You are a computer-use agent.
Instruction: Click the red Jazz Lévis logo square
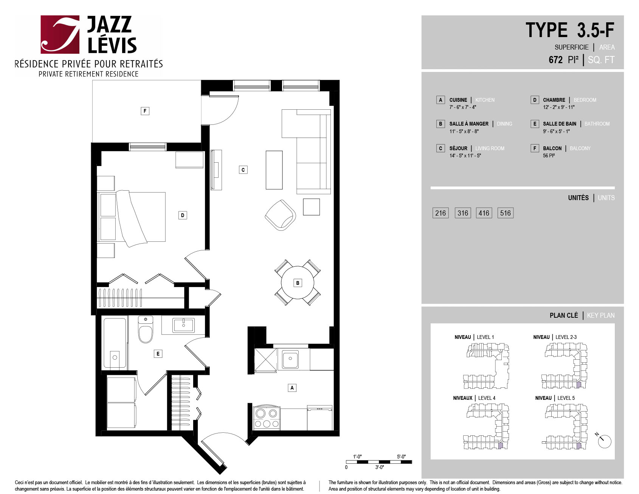pos(60,34)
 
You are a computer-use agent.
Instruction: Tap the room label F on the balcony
pos(145,111)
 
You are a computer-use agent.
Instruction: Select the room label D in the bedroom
pos(183,215)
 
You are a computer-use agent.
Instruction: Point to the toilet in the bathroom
pos(146,329)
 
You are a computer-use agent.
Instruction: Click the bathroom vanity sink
pos(183,325)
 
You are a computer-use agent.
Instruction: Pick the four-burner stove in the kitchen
pos(266,418)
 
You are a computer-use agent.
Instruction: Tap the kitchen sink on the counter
pos(290,359)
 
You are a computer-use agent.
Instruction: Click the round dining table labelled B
pos(298,283)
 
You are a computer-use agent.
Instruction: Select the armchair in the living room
pos(280,215)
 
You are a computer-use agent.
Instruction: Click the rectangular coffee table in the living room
pos(274,170)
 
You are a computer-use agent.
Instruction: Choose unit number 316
pos(463,213)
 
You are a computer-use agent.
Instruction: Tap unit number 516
pos(506,213)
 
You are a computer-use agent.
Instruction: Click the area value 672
pos(556,60)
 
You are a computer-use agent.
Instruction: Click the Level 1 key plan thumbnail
pos(486,366)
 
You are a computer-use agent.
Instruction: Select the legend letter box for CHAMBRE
pos(535,100)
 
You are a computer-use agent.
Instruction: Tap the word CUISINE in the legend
pos(458,100)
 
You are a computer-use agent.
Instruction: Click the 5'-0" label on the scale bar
pos(401,457)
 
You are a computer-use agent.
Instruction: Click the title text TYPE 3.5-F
pos(570,30)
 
